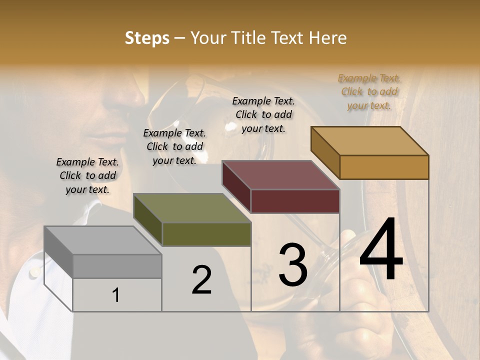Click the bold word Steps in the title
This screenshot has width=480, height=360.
click(x=147, y=38)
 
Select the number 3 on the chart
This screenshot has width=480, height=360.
click(x=293, y=265)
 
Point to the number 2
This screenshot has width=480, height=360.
click(x=201, y=280)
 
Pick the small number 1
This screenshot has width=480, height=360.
click(x=116, y=295)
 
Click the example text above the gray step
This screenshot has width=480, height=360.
click(x=87, y=175)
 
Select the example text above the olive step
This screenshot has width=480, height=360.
click(x=174, y=146)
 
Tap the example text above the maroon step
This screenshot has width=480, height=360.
click(x=263, y=114)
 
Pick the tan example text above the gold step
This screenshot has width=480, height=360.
click(x=369, y=91)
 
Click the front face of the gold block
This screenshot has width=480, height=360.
click(x=384, y=167)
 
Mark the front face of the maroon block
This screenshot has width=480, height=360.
click(x=295, y=201)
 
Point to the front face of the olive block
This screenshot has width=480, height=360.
click(x=206, y=234)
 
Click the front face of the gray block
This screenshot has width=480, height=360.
click(x=117, y=266)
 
